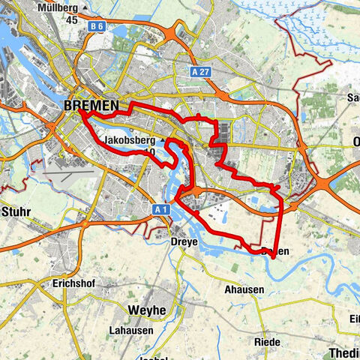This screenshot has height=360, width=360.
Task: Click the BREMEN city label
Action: (x=91, y=107)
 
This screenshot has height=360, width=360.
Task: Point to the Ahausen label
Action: (x=244, y=289)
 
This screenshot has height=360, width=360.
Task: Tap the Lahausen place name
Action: (x=129, y=330)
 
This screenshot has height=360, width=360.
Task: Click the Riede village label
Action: (x=267, y=342)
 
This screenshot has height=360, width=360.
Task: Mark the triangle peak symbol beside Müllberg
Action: (x=87, y=8)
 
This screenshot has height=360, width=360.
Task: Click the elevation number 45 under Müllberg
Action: (x=71, y=19)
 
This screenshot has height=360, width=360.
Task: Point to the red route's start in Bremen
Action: (x=81, y=114)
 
